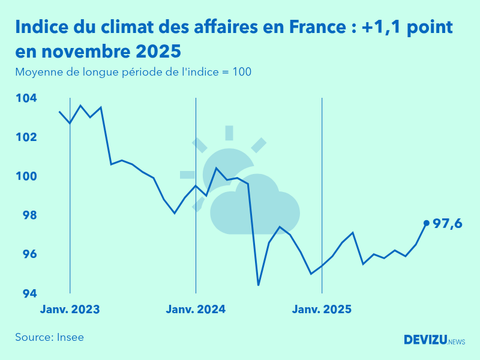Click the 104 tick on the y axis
click(x=26, y=98)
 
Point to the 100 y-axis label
click(x=26, y=176)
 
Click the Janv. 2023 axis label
click(x=70, y=310)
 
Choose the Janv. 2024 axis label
click(x=196, y=310)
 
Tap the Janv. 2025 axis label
click(x=322, y=310)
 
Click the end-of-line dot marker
click(x=427, y=223)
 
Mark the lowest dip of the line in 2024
click(x=259, y=285)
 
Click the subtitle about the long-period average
click(x=133, y=72)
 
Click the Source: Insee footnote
click(x=50, y=337)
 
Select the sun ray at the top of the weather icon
click(x=229, y=133)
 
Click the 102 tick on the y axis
click(x=26, y=137)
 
